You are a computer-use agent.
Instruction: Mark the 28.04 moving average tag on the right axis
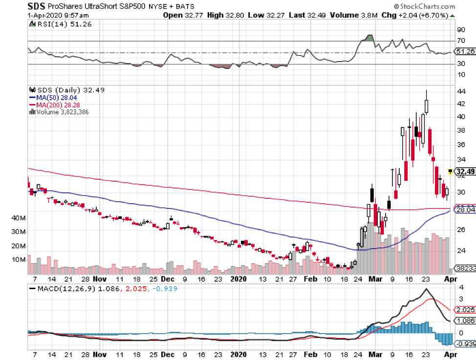(465, 210)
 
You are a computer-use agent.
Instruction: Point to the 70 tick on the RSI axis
(460, 42)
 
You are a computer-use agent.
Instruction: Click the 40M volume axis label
(19, 217)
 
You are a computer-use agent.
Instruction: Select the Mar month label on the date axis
(375, 279)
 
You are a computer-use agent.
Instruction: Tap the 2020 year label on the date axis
(238, 279)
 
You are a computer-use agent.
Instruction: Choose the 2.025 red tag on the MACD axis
(465, 310)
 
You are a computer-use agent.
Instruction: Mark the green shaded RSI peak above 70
(369, 38)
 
